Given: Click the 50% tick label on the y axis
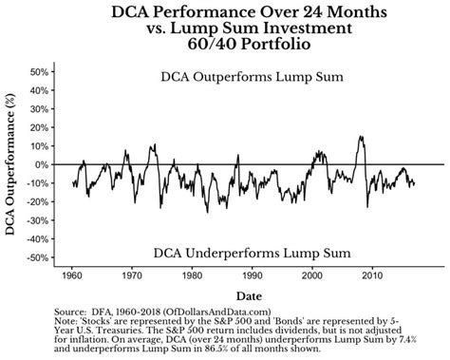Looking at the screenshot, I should [35, 72].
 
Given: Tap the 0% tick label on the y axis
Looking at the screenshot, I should [39, 164].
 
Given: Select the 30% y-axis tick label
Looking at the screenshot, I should [35, 109].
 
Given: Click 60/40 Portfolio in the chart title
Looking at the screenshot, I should [225, 47].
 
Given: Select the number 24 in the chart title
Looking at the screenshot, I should [271, 12].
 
